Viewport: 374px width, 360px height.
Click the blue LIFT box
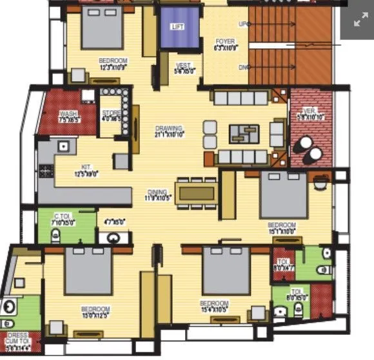tap(179, 28)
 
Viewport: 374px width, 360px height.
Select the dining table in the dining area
tap(197, 193)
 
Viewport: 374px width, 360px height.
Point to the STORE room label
tap(111, 115)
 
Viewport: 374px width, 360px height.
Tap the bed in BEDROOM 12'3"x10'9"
tap(102, 28)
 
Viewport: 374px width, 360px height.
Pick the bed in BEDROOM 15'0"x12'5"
tap(88, 271)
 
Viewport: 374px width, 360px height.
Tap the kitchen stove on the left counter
tap(46, 171)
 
